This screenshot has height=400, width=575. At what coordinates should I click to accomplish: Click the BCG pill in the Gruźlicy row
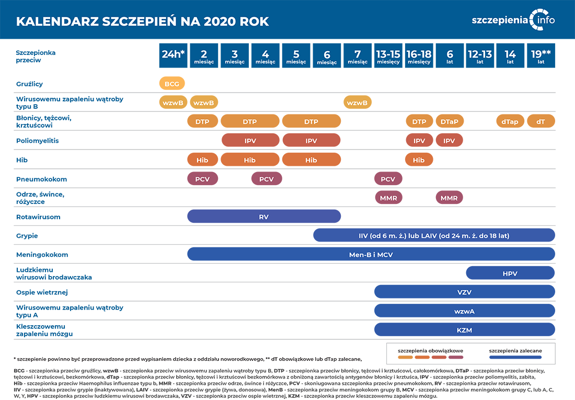click(172, 84)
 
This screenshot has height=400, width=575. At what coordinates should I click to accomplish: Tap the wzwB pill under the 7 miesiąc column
click(358, 102)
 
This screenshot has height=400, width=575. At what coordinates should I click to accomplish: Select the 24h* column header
click(173, 55)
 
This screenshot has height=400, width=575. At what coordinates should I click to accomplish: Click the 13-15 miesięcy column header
click(388, 55)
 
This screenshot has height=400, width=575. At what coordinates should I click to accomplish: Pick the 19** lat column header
click(541, 55)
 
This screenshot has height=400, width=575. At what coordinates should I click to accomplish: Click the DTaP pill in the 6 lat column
click(450, 121)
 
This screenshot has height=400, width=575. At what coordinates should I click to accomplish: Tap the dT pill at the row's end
click(541, 121)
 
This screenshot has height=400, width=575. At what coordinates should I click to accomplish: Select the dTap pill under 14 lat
click(510, 121)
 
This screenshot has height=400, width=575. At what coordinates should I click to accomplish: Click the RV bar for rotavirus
click(264, 216)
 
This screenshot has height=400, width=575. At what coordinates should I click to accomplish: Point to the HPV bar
click(510, 273)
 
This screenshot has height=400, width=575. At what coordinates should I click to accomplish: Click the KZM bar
click(464, 329)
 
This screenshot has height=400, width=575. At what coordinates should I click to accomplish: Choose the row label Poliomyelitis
click(38, 141)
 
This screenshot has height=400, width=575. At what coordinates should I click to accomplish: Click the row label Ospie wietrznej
click(42, 292)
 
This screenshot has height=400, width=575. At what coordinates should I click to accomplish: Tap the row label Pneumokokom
click(41, 179)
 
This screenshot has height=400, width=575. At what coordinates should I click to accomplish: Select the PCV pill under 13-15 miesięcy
click(388, 179)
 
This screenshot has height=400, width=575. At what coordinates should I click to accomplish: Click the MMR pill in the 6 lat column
click(449, 198)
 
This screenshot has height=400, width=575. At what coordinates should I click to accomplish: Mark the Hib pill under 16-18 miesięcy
click(419, 159)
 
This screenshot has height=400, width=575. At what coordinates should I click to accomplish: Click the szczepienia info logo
click(513, 20)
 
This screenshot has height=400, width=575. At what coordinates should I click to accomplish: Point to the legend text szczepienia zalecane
click(515, 351)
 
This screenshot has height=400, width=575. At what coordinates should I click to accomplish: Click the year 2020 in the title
click(220, 21)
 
